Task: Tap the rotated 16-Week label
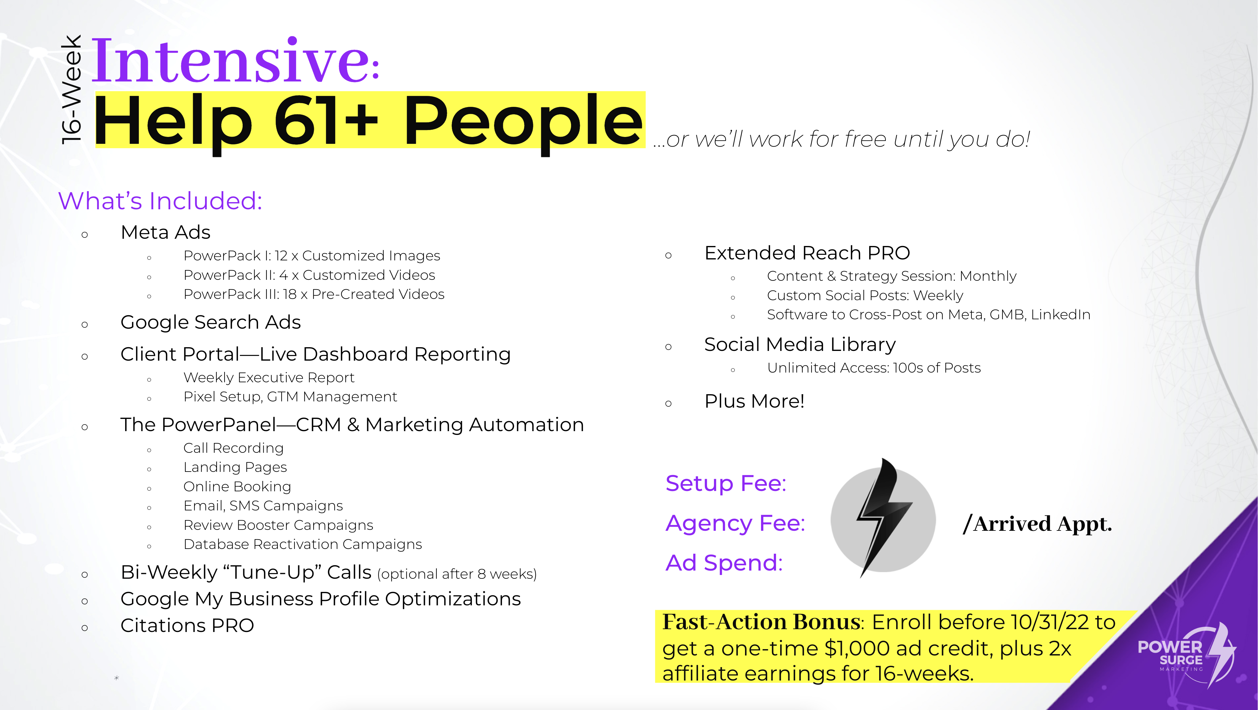click(x=71, y=89)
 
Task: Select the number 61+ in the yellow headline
click(x=326, y=121)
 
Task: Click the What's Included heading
click(x=160, y=201)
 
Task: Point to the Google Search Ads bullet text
click(x=210, y=322)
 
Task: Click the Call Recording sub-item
click(x=233, y=448)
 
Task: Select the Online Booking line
click(x=237, y=487)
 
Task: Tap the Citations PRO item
click(x=187, y=625)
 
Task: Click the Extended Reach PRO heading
click(x=807, y=253)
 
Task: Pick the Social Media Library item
click(x=800, y=345)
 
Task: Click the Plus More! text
click(x=754, y=401)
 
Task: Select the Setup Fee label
click(x=726, y=483)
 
